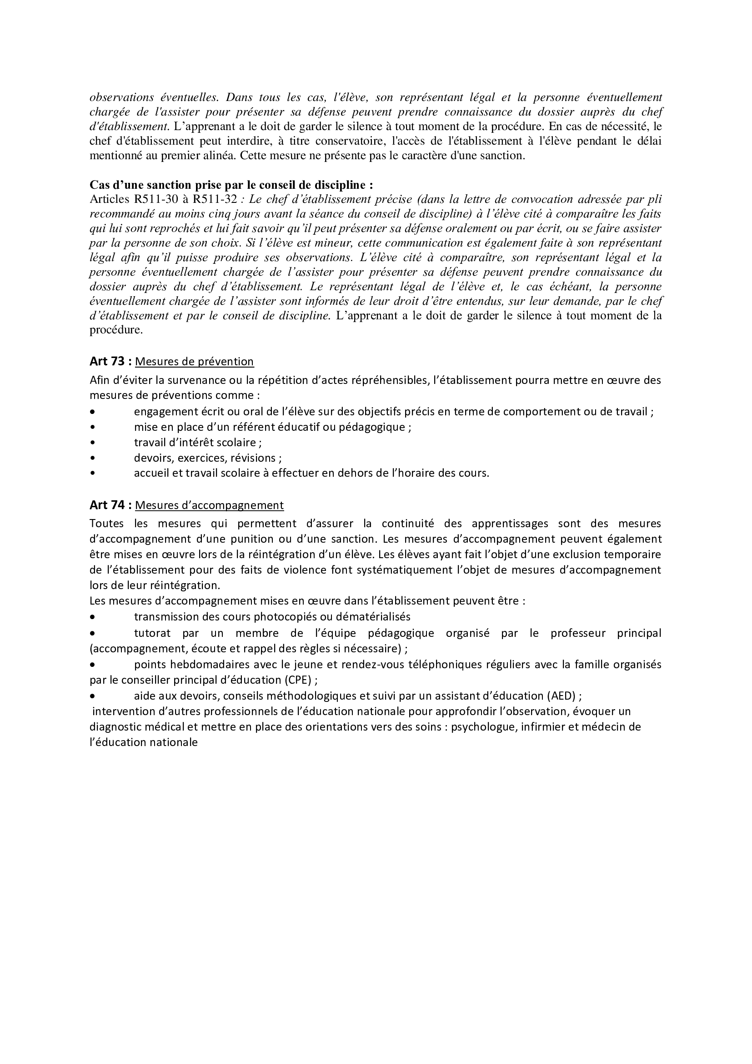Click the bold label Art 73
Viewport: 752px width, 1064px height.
[x=107, y=362]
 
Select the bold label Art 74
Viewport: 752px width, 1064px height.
[x=107, y=504]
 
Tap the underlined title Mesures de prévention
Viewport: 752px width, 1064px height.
[x=195, y=362]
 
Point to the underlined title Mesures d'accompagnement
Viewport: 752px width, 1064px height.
[x=209, y=505]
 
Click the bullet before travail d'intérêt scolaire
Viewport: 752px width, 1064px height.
[x=93, y=443]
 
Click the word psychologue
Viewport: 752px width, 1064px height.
[x=484, y=726]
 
